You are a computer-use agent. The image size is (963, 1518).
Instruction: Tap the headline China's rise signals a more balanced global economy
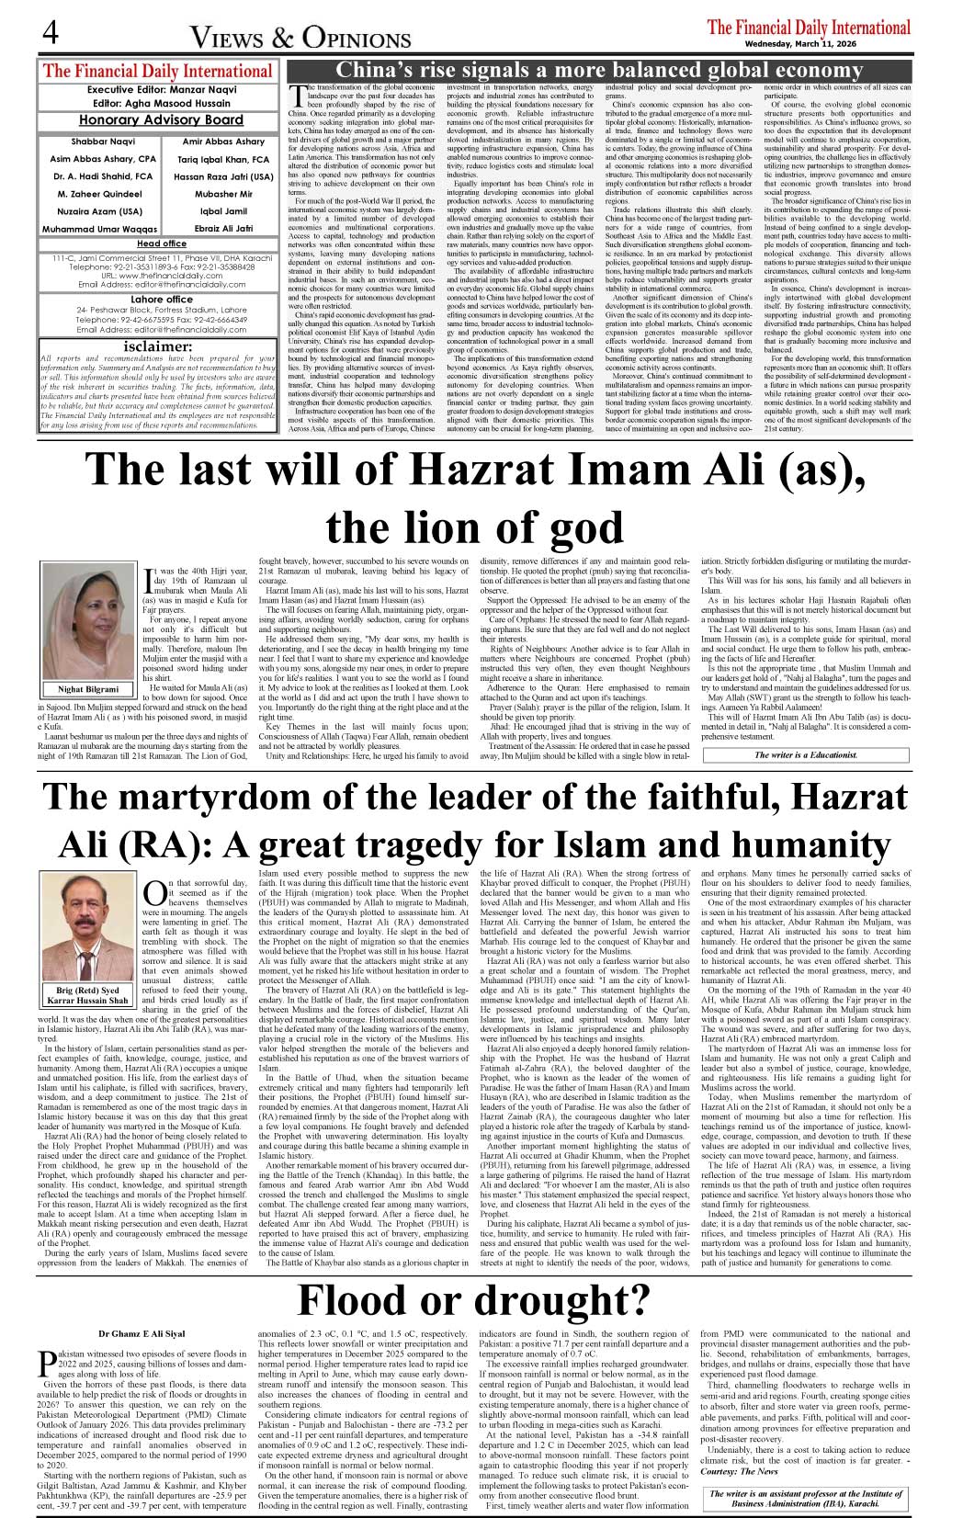point(598,71)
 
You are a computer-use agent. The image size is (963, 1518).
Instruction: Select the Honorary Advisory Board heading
point(161,119)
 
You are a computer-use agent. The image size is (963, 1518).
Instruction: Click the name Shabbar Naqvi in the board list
point(103,142)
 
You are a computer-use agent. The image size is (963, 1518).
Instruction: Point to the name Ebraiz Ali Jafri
point(224,228)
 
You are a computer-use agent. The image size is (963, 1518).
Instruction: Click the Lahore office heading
point(162,299)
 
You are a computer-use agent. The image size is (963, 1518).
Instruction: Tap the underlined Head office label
point(162,244)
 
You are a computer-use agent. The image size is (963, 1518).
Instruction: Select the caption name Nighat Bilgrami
point(89,688)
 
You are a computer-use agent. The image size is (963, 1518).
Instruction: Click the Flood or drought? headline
point(474,1300)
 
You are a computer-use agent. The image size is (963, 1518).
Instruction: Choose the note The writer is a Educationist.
point(805,754)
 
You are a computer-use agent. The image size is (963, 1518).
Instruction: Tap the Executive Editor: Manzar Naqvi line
point(161,90)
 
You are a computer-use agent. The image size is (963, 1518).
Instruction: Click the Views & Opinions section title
point(300,38)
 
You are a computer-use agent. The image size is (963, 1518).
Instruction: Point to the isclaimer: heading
point(158,346)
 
